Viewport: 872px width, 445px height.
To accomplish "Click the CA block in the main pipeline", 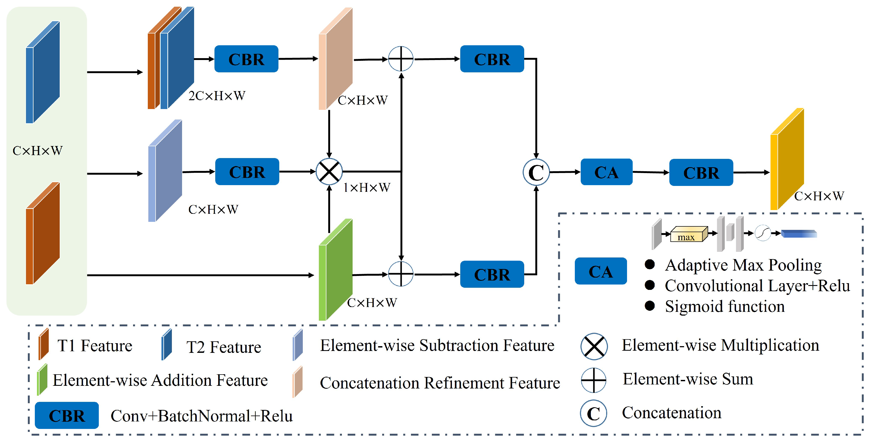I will (606, 172).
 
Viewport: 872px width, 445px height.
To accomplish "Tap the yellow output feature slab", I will (787, 159).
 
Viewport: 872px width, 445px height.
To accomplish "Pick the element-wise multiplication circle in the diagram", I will (329, 171).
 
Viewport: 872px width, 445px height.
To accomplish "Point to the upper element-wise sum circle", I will (401, 59).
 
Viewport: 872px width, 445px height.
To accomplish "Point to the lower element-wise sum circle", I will (401, 274).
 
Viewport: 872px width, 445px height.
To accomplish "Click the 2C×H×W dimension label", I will (217, 96).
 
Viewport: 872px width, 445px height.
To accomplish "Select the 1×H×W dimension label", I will (367, 187).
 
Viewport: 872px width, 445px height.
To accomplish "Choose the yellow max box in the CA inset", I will (688, 234).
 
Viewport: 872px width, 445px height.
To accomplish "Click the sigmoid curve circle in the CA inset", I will (763, 233).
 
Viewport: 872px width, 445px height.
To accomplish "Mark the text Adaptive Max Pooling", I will (743, 265).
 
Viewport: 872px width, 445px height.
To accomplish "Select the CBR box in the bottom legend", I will (67, 415).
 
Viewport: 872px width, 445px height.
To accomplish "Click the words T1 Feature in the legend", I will (95, 346).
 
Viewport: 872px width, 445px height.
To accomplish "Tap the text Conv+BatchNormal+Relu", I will (201, 416).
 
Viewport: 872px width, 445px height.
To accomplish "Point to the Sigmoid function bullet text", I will (724, 306).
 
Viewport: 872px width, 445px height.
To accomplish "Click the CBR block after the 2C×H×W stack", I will (246, 59).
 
